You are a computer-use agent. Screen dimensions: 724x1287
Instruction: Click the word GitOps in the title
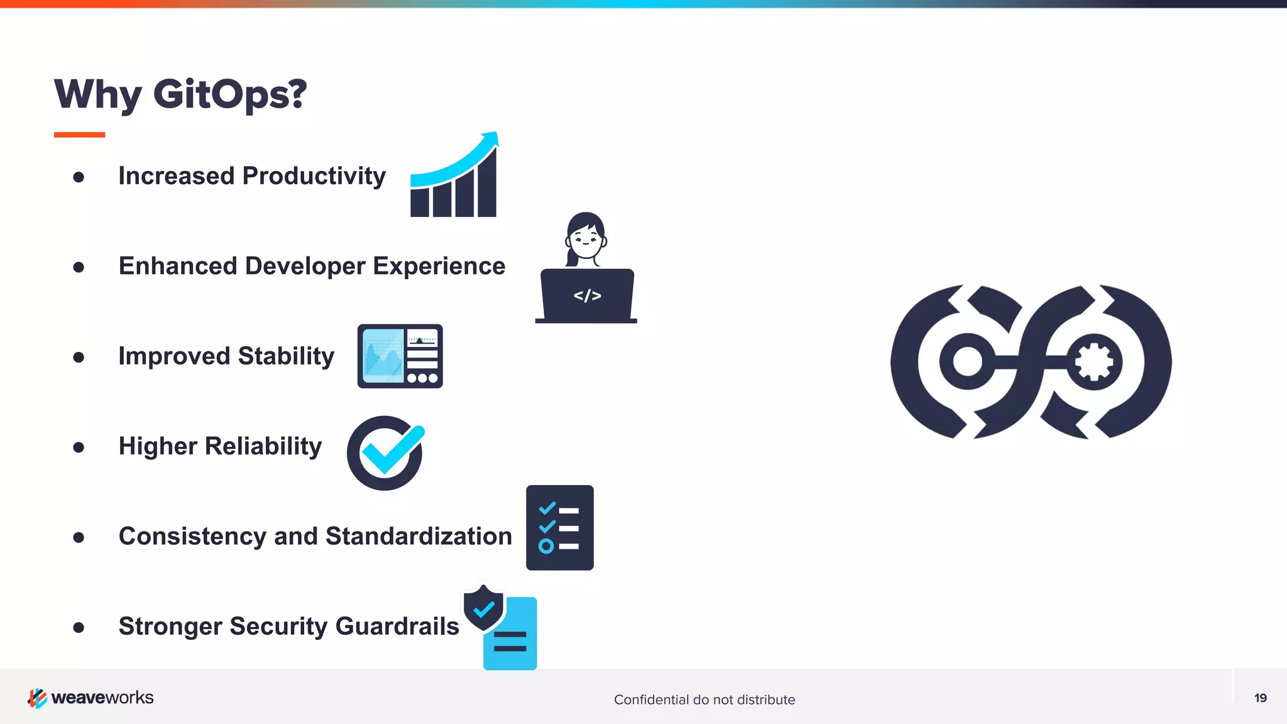click(x=229, y=94)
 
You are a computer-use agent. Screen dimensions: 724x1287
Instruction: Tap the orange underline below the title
click(x=79, y=134)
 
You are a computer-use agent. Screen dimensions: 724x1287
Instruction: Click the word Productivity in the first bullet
click(x=314, y=176)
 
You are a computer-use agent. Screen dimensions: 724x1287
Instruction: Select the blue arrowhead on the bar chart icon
click(x=490, y=139)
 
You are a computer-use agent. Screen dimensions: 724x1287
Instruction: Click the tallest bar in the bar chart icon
click(x=487, y=185)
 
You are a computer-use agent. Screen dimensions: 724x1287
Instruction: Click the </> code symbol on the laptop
click(x=587, y=295)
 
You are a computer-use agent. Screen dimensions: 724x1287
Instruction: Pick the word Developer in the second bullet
click(x=305, y=266)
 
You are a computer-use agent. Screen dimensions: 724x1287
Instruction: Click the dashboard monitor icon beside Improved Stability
click(x=400, y=356)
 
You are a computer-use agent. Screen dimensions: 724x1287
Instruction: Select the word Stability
click(x=286, y=356)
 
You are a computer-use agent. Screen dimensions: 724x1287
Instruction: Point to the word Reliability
click(x=263, y=446)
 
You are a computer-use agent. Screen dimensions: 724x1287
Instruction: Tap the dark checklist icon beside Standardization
click(x=559, y=528)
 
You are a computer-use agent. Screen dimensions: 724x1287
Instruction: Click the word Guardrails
click(x=397, y=627)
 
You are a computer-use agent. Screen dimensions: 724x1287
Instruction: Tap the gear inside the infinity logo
click(x=1094, y=362)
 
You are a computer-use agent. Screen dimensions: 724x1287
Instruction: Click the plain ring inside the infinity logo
click(x=967, y=362)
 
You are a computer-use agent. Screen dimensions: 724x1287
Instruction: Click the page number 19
click(x=1260, y=698)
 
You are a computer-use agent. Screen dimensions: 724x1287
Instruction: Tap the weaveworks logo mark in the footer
click(x=37, y=698)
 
